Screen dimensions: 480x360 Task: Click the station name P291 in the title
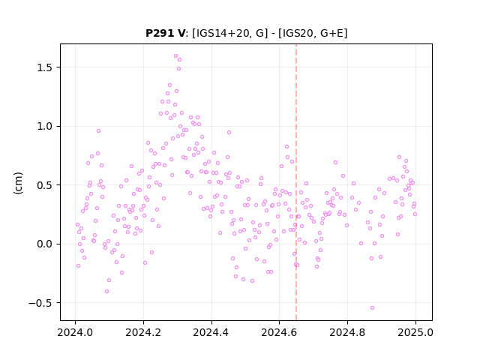click(160, 33)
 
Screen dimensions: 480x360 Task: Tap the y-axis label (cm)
click(18, 183)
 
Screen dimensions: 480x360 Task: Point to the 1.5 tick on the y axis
click(45, 67)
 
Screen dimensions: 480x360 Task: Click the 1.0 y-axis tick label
click(45, 127)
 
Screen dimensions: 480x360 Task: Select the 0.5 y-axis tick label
click(45, 185)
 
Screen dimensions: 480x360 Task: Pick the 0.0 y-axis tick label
click(45, 244)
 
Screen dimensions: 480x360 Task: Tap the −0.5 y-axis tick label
click(41, 303)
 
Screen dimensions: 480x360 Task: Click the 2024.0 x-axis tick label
click(75, 332)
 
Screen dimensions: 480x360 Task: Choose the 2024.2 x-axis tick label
click(143, 332)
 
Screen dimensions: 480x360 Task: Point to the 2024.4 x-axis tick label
click(211, 332)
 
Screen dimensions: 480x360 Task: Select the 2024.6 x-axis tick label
click(279, 332)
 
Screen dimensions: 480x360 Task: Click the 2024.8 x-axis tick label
click(347, 332)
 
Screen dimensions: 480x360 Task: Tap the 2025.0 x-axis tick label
click(415, 332)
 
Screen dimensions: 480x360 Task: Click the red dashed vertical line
click(296, 182)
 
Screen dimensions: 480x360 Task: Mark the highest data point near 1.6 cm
click(175, 56)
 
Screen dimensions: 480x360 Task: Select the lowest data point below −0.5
click(372, 308)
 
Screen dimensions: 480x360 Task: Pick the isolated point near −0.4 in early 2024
click(106, 292)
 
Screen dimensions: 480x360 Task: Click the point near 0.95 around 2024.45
click(229, 133)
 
